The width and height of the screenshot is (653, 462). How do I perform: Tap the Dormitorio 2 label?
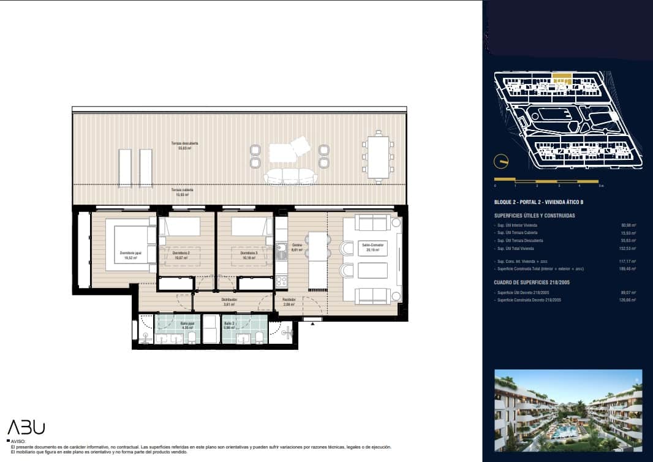pyautogui.click(x=181, y=254)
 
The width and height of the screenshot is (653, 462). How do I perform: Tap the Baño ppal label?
pyautogui.click(x=187, y=325)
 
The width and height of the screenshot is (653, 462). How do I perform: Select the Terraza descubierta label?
pyautogui.click(x=184, y=145)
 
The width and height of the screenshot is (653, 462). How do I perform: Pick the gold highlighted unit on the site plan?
pyautogui.click(x=562, y=78)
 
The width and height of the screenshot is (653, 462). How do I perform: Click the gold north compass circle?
pyautogui.click(x=502, y=161)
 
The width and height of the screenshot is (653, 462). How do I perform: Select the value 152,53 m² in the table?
pyautogui.click(x=628, y=248)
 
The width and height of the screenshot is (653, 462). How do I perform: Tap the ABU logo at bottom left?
pyautogui.click(x=26, y=428)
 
